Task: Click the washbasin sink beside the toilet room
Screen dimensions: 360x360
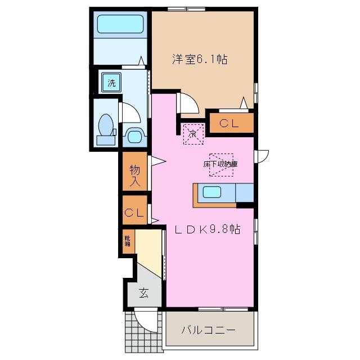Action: click(134, 136)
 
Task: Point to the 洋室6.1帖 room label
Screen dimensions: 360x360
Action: click(199, 59)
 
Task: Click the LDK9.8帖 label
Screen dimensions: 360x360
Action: click(207, 229)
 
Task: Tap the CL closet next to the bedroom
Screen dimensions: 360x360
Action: click(232, 124)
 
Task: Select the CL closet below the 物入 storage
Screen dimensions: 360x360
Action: click(134, 213)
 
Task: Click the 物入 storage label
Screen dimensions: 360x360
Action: click(135, 174)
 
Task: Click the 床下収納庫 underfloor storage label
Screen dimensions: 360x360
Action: click(220, 164)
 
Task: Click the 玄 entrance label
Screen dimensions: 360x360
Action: click(143, 293)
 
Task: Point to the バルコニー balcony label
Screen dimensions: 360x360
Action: click(208, 330)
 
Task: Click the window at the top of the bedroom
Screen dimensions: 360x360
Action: click(186, 8)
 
